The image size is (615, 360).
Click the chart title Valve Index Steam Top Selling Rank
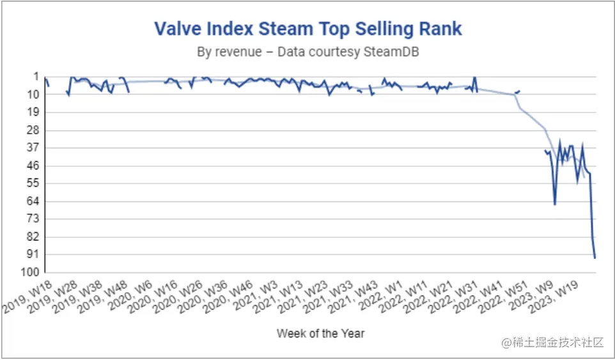tap(307, 29)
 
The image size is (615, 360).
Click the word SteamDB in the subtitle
tap(391, 52)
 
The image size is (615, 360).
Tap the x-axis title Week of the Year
tap(320, 333)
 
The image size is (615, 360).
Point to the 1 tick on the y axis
tap(35, 77)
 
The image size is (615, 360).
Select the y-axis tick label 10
tap(33, 95)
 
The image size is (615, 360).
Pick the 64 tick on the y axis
tap(33, 201)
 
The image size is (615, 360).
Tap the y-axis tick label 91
tap(33, 254)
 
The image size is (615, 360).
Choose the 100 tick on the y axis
tap(30, 272)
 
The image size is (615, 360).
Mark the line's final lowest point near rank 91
tap(595, 258)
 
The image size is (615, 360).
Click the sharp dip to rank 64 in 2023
tap(555, 204)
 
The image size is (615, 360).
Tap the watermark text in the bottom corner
tap(553, 343)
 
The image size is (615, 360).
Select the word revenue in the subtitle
tap(240, 52)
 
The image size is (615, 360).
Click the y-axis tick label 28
tap(33, 130)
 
